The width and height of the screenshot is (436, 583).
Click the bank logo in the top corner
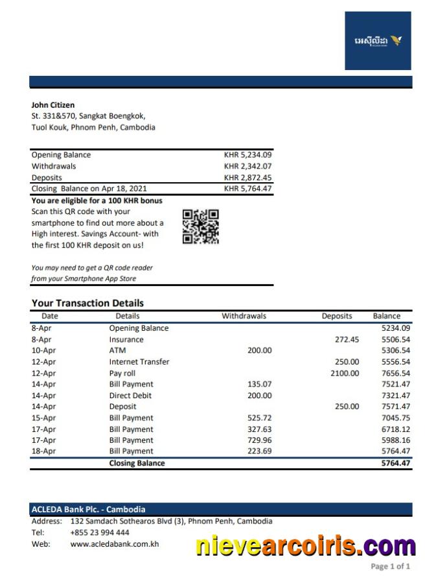point(378,40)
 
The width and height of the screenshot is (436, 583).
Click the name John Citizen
point(53,105)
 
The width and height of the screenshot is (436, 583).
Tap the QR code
point(200,226)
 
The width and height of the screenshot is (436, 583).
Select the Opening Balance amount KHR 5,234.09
point(247,155)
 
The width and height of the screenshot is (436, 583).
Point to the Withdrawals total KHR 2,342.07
point(247,167)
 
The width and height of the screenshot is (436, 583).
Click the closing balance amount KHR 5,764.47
point(247,189)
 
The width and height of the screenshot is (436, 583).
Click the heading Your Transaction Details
point(87,303)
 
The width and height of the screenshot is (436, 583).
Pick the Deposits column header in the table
point(337,316)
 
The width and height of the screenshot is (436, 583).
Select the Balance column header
point(387,316)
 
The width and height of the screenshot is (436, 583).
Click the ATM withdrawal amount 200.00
point(260,351)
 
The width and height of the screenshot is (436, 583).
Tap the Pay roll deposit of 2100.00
point(345,374)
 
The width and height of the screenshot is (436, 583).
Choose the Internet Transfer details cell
point(139,362)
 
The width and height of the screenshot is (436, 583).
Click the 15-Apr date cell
point(43,418)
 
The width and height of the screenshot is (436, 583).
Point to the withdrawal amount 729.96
point(260,440)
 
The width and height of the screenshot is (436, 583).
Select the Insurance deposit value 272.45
point(347,340)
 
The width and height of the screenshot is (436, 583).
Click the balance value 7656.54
point(396,374)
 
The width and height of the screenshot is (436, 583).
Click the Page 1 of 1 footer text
point(390,567)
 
